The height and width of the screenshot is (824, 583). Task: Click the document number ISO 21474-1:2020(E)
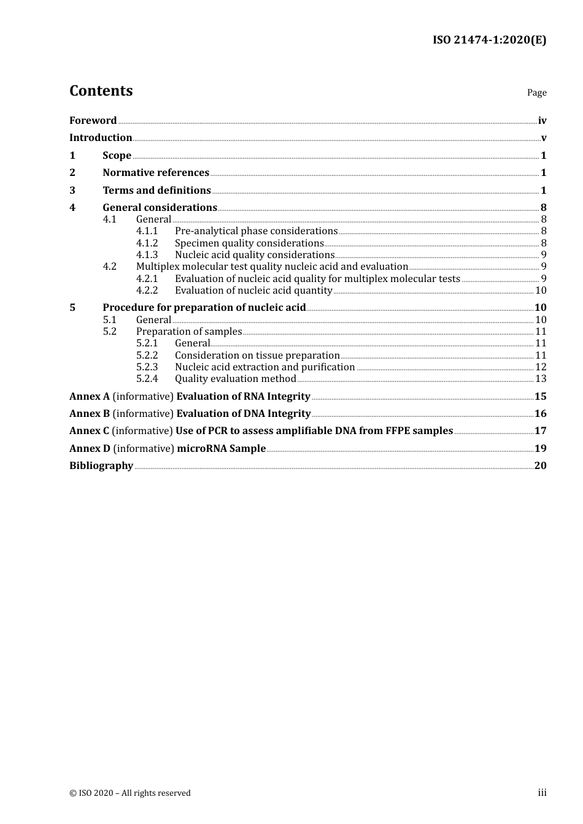(489, 40)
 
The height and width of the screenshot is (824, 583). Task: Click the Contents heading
(101, 91)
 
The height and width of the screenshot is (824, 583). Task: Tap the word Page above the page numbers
(536, 93)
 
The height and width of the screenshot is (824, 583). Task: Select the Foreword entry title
(93, 120)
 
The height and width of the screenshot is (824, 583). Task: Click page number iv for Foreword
(542, 120)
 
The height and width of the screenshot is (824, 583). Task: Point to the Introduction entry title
(101, 137)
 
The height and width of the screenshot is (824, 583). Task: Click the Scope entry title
(117, 155)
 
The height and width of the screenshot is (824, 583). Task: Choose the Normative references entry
(156, 172)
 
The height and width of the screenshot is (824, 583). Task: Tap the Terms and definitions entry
(156, 190)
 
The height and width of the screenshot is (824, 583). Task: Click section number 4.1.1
(147, 231)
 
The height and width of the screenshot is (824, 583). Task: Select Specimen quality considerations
(249, 243)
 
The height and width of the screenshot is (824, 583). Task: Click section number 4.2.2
(147, 290)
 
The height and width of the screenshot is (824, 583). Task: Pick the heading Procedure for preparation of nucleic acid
(204, 307)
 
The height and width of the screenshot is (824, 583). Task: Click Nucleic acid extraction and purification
(264, 367)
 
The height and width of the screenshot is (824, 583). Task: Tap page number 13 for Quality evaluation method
(541, 378)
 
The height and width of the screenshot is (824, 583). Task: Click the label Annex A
(90, 396)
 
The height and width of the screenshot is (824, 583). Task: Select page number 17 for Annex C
(540, 430)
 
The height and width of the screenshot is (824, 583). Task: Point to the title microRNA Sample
(221, 448)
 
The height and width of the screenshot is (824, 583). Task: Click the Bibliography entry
(101, 465)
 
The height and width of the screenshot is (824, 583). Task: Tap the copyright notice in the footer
(130, 793)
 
